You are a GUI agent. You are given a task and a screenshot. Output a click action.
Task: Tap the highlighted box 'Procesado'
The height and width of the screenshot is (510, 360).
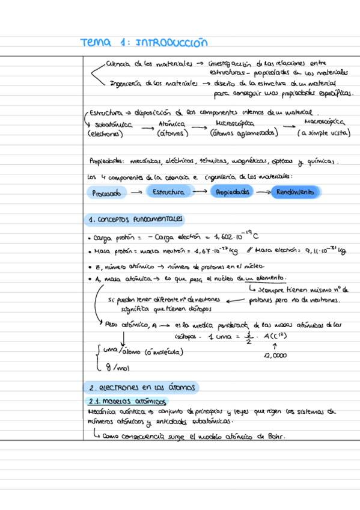(107, 193)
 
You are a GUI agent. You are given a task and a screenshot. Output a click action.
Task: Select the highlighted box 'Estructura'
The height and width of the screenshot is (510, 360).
(168, 192)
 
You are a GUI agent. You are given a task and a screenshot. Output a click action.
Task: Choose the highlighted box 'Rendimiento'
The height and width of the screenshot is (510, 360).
(295, 192)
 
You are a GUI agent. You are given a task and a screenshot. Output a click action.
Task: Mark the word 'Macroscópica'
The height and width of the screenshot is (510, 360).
(321, 122)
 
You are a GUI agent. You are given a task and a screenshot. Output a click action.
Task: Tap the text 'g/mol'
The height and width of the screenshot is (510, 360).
(113, 367)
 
